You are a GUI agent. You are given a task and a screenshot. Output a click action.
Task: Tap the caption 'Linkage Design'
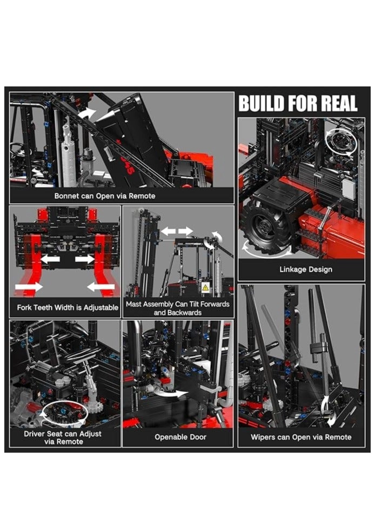point(306,269)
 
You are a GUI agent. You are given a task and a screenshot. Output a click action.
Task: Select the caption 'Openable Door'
point(180,436)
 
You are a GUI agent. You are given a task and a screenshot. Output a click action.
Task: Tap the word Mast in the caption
point(136,304)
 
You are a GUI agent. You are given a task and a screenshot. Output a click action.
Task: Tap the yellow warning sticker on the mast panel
point(205,288)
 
